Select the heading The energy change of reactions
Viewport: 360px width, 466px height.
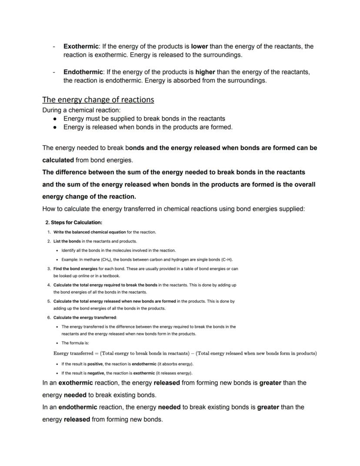pyautogui.click(x=98, y=100)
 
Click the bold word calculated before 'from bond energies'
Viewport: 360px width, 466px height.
pyautogui.click(x=58, y=160)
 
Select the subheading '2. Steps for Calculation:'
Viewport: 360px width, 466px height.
pyautogui.click(x=73, y=222)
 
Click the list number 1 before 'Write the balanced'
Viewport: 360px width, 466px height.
pyautogui.click(x=49, y=232)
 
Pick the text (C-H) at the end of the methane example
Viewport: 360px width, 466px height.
pyautogui.click(x=226, y=259)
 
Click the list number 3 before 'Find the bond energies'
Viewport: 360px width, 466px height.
pyautogui.click(x=49, y=269)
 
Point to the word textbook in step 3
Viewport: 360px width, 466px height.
pyautogui.click(x=110, y=276)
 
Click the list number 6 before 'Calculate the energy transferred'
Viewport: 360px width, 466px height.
pyautogui.click(x=49, y=317)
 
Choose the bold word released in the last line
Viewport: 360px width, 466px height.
pyautogui.click(x=77, y=419)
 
